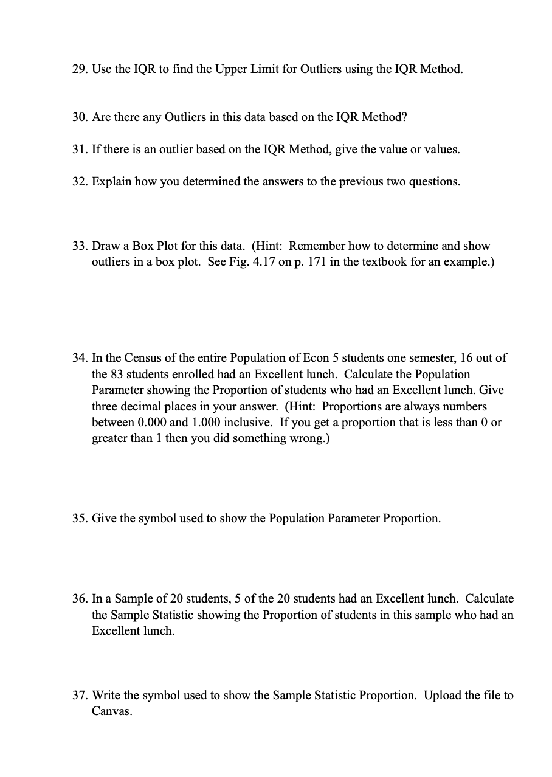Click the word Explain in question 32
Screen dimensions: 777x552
(x=110, y=181)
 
